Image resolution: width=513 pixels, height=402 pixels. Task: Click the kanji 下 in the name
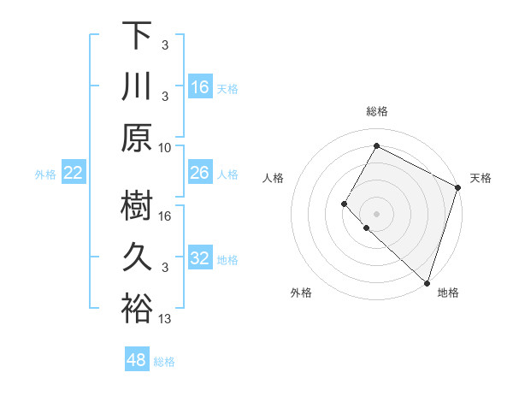(137, 36)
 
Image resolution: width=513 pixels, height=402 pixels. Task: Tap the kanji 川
(137, 87)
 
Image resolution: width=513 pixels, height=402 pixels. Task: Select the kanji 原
(137, 138)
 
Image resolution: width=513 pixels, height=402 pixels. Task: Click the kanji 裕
(137, 309)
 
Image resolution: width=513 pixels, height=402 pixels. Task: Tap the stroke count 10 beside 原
(166, 147)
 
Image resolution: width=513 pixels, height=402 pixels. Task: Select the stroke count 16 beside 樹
(166, 216)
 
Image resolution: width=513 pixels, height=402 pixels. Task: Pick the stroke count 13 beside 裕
(166, 319)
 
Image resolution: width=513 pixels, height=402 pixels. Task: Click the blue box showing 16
(200, 87)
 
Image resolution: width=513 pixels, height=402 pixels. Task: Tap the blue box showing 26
(200, 174)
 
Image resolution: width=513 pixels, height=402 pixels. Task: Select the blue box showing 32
(200, 258)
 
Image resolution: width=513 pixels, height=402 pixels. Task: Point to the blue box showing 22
(74, 174)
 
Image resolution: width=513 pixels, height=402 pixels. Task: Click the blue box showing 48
(137, 360)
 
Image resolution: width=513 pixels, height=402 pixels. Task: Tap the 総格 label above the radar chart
(377, 111)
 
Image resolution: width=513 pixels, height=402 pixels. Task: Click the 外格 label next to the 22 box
(45, 174)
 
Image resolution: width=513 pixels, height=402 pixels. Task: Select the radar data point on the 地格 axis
(426, 283)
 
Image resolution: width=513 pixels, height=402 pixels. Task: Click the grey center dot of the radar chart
(376, 213)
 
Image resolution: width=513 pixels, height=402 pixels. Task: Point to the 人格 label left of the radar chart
(274, 178)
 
